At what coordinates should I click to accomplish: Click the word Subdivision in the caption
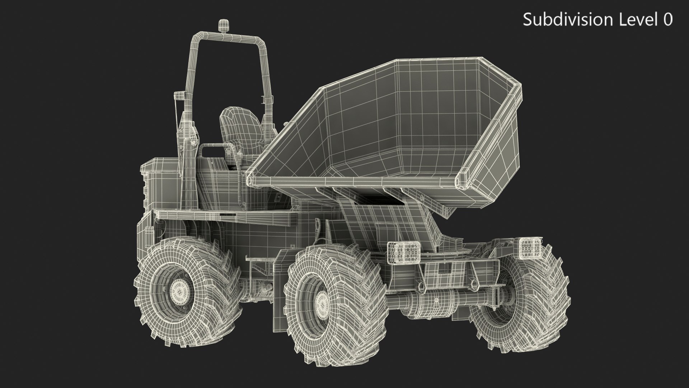(567, 19)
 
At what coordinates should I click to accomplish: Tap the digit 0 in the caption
(667, 19)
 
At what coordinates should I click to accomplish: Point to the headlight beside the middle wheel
(404, 252)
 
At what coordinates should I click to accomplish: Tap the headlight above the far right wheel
(528, 248)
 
